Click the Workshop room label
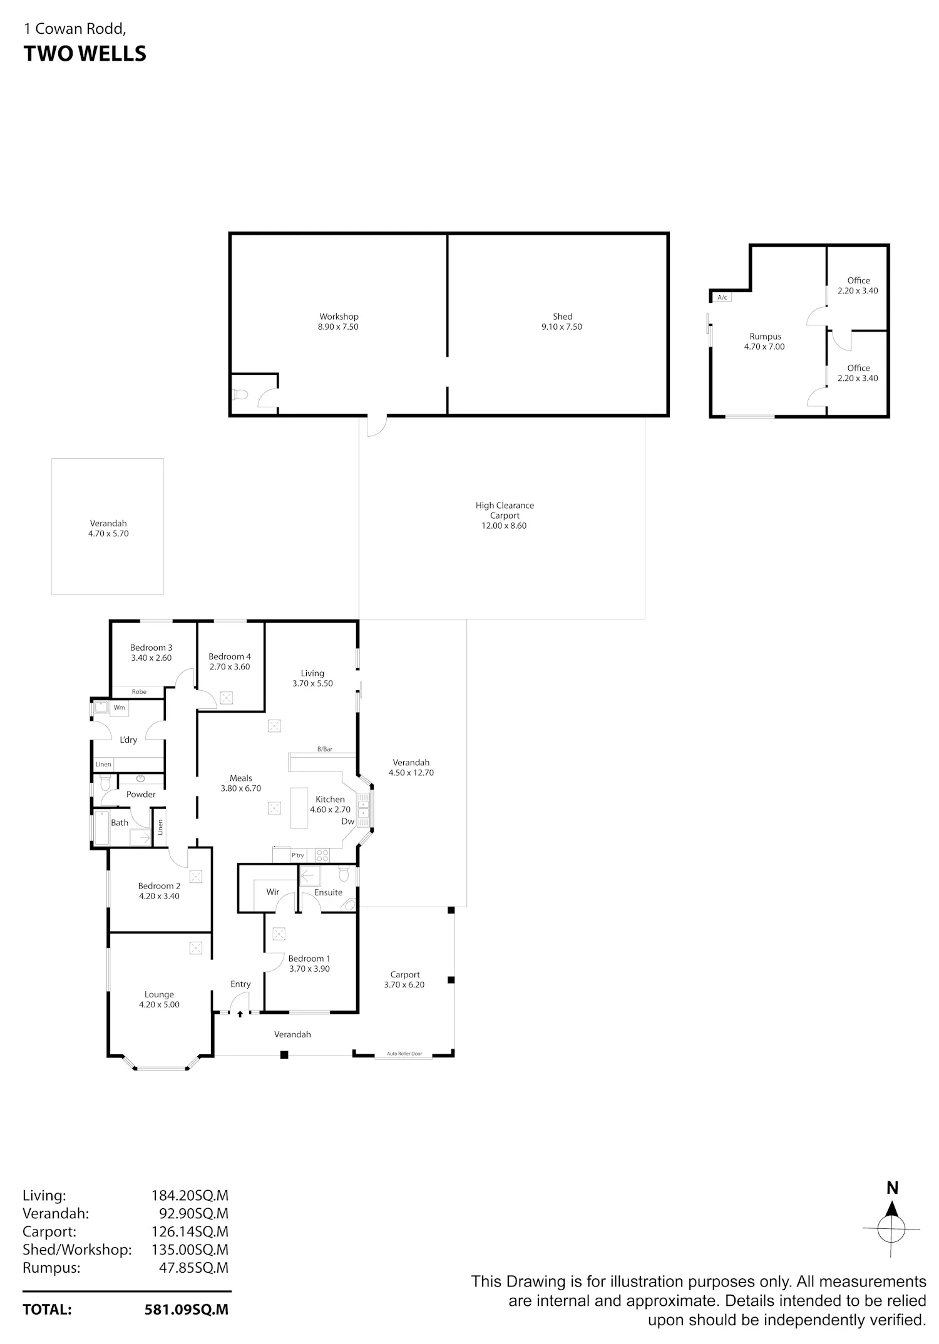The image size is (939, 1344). pos(339,317)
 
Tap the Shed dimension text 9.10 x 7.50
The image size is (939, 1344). pos(562,327)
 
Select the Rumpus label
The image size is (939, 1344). pos(765,337)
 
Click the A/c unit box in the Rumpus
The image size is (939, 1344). pos(722,297)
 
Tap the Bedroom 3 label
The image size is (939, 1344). pos(151,648)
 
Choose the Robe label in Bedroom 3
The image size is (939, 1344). pos(139,691)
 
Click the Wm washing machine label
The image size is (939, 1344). pos(119,708)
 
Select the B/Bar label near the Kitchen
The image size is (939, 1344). pos(324,749)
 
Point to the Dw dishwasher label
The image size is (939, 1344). pos(347,822)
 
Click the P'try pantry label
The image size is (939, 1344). pos(297,855)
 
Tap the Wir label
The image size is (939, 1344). pos(272,892)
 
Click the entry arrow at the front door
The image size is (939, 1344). pos(240,1014)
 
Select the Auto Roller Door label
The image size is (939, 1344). pos(404,1054)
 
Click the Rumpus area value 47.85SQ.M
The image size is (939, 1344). pos(193,1268)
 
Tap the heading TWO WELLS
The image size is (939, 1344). pos(85,54)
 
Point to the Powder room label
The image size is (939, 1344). pos(141,794)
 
